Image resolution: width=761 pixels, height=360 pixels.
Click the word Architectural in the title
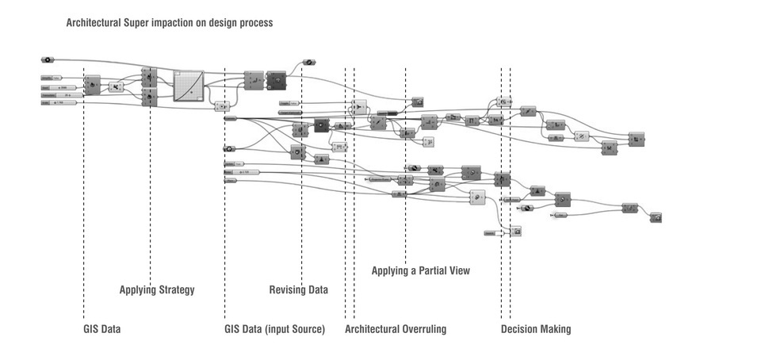click(94, 23)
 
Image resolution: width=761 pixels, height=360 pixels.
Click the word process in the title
click(253, 23)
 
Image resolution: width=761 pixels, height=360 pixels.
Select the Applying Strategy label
click(157, 289)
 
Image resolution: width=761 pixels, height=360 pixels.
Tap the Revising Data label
click(298, 289)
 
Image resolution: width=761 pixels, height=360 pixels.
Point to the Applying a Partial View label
click(420, 270)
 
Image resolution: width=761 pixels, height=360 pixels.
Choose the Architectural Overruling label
click(396, 328)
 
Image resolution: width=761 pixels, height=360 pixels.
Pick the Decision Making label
click(535, 328)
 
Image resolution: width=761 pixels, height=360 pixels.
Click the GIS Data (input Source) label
click(274, 328)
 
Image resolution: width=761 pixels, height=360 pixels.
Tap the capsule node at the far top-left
click(48, 59)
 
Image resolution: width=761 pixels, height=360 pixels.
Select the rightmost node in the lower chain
click(656, 217)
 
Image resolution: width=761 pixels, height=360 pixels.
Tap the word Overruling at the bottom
click(423, 328)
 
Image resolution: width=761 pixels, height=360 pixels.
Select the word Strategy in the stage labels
click(175, 289)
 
